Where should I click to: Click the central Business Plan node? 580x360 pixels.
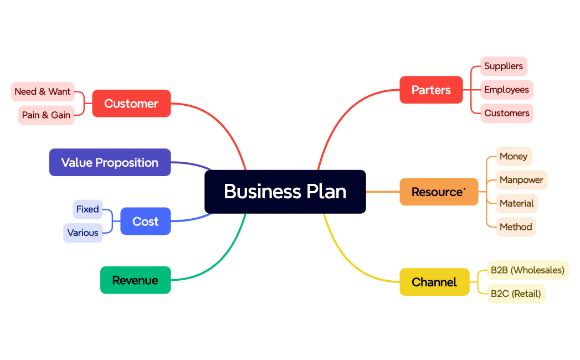coord(285,192)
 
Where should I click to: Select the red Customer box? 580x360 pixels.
coord(131,104)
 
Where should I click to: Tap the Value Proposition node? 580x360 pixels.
coord(110,162)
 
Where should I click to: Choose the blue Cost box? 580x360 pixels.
coord(145,222)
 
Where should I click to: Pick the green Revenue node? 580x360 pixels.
coord(135,280)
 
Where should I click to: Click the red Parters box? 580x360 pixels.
coord(431,90)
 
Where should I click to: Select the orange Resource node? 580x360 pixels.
coord(439,192)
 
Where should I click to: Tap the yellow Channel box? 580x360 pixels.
coord(434,282)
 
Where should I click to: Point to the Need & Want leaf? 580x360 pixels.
coord(43,91)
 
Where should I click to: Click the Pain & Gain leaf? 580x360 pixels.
coord(46,115)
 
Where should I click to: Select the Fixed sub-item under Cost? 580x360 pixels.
coord(88,209)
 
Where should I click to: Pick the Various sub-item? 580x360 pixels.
coord(83,233)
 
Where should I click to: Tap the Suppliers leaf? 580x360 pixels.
coord(504,66)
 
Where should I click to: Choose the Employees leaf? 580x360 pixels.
coord(506,90)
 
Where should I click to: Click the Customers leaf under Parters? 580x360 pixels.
coord(507,113)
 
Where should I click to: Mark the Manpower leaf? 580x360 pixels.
coord(521,180)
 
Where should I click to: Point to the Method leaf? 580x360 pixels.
coord(516,227)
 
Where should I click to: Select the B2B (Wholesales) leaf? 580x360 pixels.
coord(527,270)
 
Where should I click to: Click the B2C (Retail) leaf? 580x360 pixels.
coord(516,294)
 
